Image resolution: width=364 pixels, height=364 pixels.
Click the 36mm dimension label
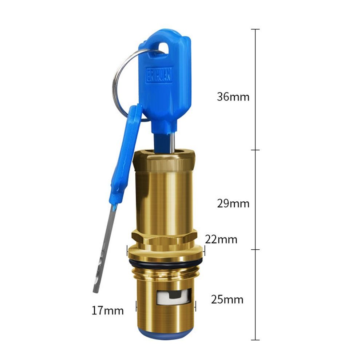point(233,96)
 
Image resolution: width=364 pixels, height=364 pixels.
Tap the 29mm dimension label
point(233,203)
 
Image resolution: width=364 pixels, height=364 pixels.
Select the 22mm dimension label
point(221,240)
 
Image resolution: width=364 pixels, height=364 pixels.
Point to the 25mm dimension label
point(227,300)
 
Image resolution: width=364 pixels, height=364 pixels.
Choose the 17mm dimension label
point(108,310)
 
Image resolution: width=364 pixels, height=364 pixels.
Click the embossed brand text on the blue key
point(159,75)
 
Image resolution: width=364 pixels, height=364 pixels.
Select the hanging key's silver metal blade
point(104,248)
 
